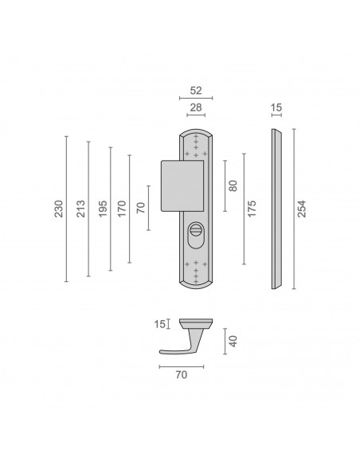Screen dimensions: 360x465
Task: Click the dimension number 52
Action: [196, 91]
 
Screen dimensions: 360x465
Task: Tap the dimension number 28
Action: [196, 107]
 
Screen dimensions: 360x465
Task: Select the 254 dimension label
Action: [302, 209]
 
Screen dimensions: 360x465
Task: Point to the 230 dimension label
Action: [59, 209]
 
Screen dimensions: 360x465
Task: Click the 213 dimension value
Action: [80, 209]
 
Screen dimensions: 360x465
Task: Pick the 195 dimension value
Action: [103, 209]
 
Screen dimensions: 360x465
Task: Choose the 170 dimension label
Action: [122, 209]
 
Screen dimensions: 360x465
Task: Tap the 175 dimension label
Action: [252, 209]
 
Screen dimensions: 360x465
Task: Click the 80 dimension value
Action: [233, 186]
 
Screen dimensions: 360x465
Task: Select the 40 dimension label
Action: [233, 342]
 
